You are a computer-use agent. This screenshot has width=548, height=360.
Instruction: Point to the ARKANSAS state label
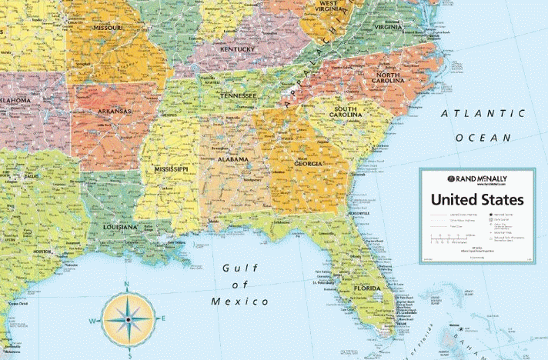115,111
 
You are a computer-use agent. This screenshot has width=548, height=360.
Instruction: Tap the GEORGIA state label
308,164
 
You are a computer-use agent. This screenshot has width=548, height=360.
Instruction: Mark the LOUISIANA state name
121,227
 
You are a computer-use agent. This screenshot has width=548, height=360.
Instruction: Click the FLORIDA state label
366,289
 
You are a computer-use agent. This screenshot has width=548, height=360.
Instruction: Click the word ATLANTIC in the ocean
483,114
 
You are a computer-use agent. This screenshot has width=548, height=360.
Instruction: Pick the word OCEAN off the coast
483,138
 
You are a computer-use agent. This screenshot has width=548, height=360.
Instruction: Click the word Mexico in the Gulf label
241,302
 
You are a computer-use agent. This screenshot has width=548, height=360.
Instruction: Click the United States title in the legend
477,199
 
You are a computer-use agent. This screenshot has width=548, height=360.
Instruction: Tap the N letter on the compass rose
128,285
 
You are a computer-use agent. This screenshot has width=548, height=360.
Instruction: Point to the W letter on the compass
92,321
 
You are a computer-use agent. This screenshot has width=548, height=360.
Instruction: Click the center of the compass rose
128,318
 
